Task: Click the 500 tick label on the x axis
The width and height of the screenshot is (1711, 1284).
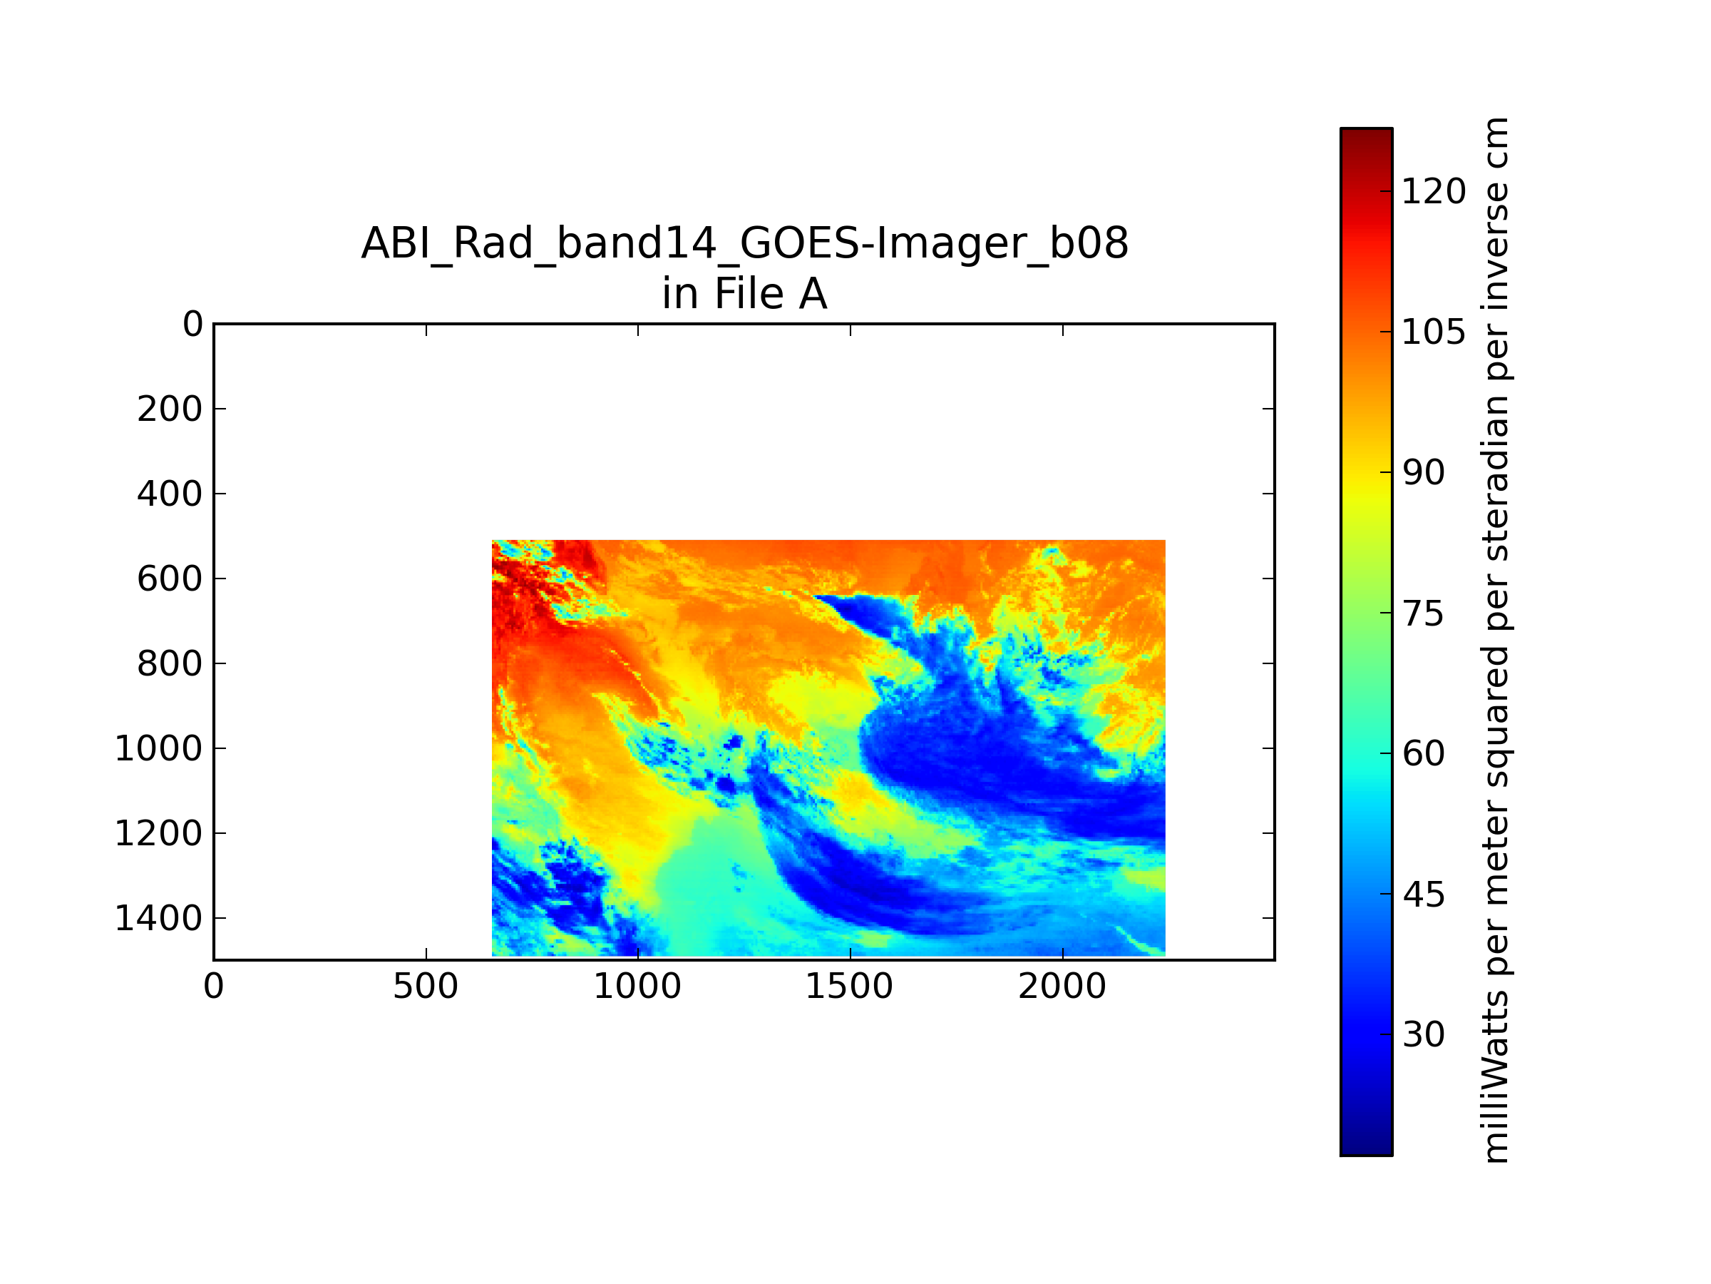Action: pyautogui.click(x=426, y=987)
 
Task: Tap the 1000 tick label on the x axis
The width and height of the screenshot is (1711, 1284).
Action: pyautogui.click(x=637, y=987)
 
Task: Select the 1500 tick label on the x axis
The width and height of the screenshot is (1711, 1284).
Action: pyautogui.click(x=849, y=987)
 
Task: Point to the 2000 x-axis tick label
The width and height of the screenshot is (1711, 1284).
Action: pyautogui.click(x=1062, y=987)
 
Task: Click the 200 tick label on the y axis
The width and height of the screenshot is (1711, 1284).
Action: pyautogui.click(x=170, y=409)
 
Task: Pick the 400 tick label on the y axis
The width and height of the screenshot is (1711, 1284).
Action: pyautogui.click(x=170, y=494)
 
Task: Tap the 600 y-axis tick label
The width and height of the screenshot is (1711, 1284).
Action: pyautogui.click(x=170, y=579)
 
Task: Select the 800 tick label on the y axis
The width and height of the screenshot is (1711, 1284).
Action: pyautogui.click(x=170, y=664)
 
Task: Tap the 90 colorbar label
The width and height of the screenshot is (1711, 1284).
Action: pyautogui.click(x=1424, y=473)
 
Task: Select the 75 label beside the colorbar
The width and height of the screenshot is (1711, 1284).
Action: pyautogui.click(x=1424, y=613)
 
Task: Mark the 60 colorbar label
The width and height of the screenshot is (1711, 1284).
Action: pyautogui.click(x=1424, y=754)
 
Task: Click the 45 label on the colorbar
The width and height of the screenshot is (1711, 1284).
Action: pyautogui.click(x=1424, y=895)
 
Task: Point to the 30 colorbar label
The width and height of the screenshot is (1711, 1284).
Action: pyautogui.click(x=1424, y=1035)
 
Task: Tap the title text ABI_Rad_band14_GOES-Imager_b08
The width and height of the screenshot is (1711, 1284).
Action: pyautogui.click(x=745, y=244)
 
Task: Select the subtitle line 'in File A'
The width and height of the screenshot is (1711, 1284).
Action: pyautogui.click(x=745, y=294)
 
